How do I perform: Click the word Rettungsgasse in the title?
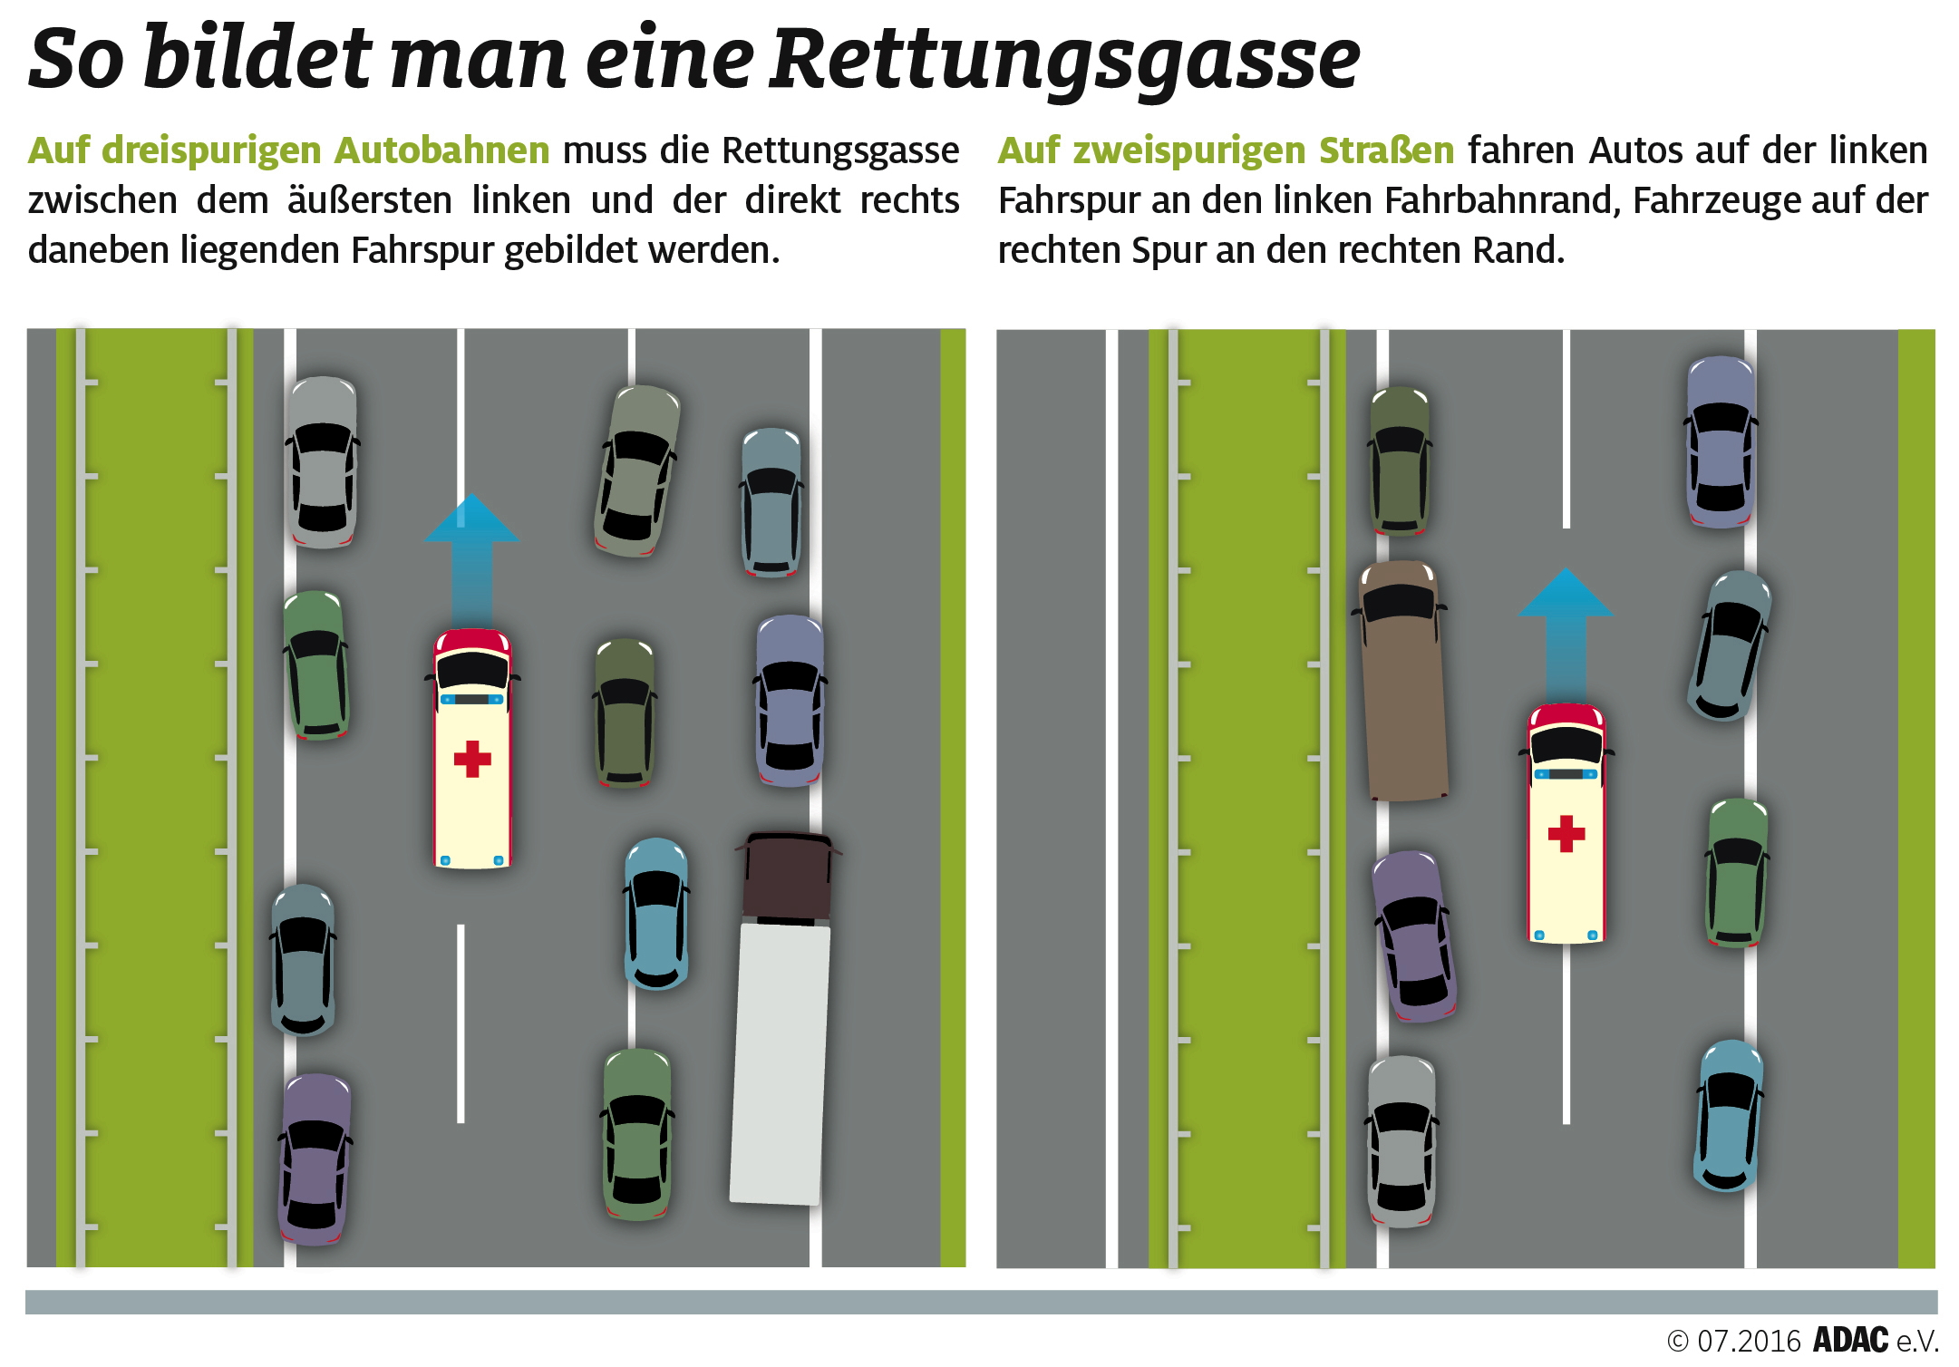point(1064,60)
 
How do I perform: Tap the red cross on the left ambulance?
point(471,759)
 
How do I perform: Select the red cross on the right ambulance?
point(1566,833)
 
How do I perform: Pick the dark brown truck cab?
point(787,876)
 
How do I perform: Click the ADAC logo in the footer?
point(1850,1340)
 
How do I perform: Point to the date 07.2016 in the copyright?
point(1749,1341)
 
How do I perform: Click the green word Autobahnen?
point(441,150)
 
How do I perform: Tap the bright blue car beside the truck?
point(655,913)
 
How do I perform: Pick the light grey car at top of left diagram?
point(323,462)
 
